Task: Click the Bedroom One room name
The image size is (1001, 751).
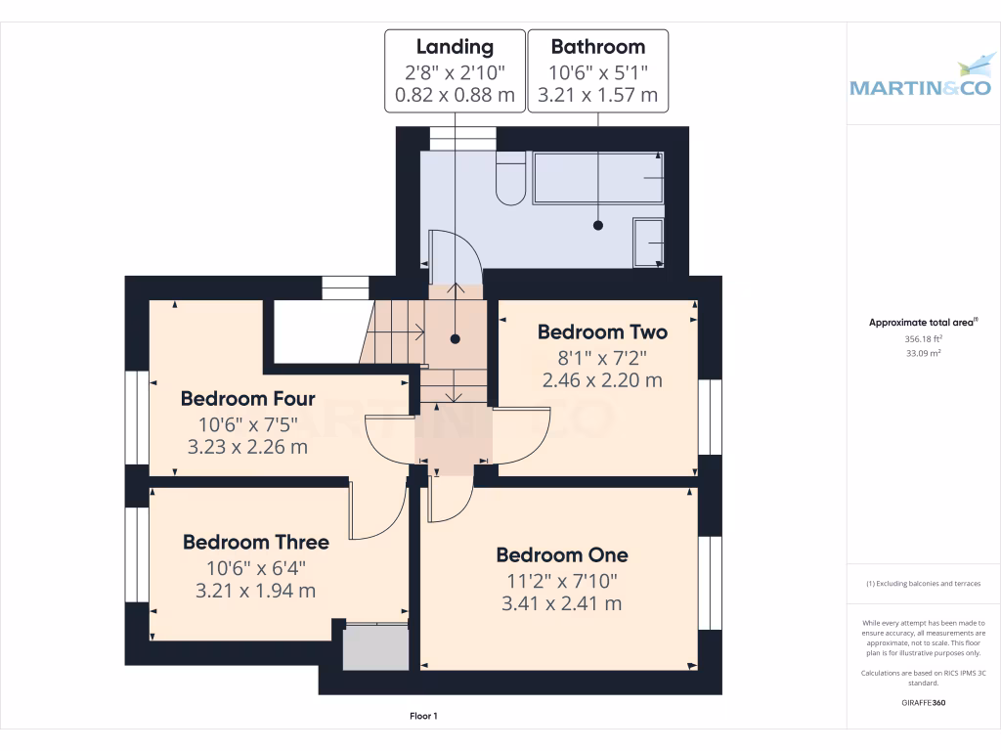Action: tap(561, 554)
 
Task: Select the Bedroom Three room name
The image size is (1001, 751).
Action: tap(255, 542)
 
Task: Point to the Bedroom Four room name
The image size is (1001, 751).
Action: tap(247, 399)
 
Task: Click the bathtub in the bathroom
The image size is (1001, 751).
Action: tap(598, 178)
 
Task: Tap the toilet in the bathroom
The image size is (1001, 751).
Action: tap(511, 178)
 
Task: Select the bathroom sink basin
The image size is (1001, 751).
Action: tap(648, 243)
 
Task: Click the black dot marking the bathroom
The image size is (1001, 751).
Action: tap(597, 225)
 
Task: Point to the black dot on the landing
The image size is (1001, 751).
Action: tap(455, 339)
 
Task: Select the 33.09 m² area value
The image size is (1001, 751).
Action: tap(922, 353)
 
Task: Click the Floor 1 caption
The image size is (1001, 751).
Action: tap(423, 717)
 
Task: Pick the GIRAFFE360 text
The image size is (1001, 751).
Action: tap(922, 703)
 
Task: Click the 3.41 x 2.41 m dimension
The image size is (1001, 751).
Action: tap(561, 603)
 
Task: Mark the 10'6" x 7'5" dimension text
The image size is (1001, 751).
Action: tap(247, 424)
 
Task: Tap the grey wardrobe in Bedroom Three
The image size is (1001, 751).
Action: tap(375, 647)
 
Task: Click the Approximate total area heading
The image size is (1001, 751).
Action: tap(922, 323)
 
